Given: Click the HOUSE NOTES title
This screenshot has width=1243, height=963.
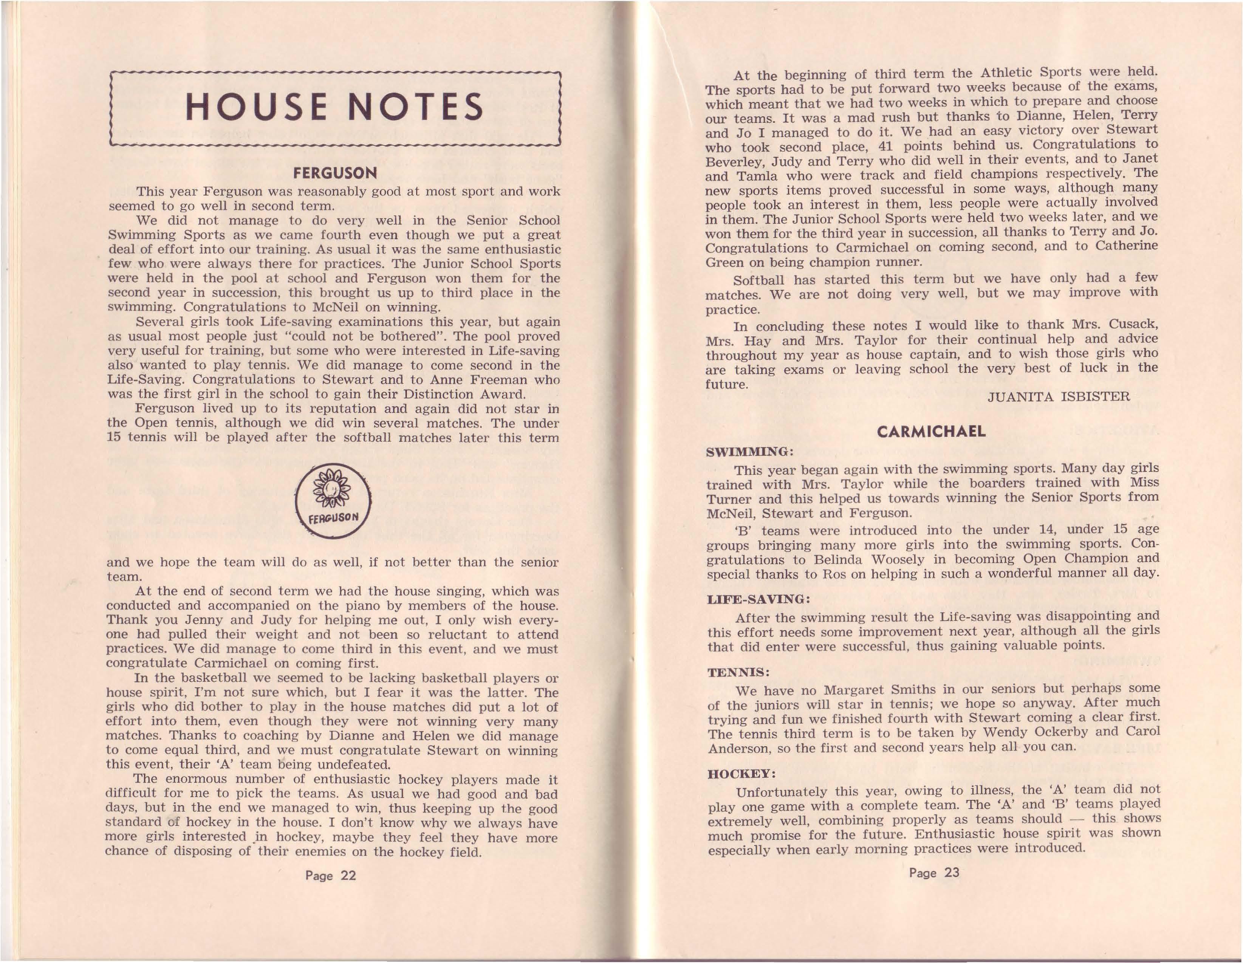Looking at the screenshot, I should [335, 108].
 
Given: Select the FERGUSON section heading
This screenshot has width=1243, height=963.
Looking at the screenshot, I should [335, 173].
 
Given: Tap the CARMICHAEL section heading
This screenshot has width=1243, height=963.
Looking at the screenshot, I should [931, 431].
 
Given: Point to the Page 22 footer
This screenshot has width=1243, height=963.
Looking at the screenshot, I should [331, 875].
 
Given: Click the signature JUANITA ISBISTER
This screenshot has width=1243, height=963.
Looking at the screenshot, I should [1059, 397].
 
